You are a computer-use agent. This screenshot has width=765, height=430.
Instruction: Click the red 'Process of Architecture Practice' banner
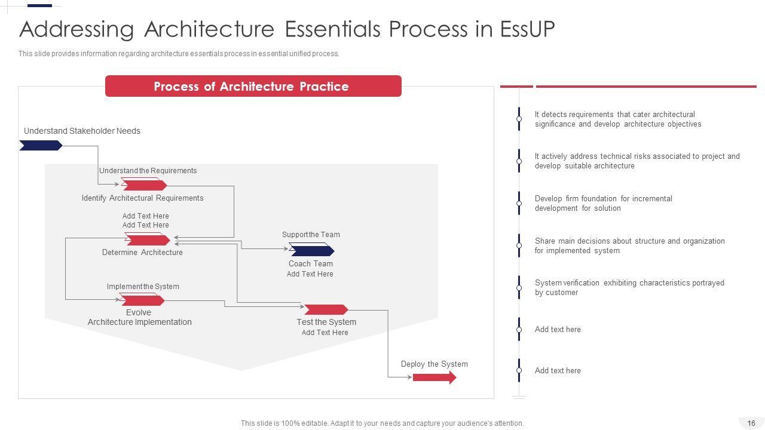253,86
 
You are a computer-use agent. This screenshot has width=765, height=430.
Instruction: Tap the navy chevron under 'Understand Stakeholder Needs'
41,145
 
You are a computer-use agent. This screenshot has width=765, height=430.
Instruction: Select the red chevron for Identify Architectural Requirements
144,185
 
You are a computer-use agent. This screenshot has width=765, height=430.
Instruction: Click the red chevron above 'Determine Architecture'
147,239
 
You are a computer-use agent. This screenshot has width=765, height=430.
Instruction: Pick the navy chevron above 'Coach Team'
312,250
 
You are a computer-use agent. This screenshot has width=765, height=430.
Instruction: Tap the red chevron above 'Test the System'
326,309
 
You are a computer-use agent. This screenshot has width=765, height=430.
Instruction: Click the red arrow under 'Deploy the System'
434,377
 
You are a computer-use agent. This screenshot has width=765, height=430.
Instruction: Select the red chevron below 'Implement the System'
142,300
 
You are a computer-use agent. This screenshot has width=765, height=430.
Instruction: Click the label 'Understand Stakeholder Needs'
82,131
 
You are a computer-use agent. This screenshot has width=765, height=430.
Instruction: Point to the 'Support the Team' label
311,235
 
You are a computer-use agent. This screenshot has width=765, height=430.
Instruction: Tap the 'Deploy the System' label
434,364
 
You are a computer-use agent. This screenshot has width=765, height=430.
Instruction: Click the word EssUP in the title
528,29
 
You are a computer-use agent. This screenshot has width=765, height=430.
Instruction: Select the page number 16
751,423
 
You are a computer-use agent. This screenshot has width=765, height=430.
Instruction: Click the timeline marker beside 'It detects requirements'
519,119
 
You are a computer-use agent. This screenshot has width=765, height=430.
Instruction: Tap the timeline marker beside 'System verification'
519,287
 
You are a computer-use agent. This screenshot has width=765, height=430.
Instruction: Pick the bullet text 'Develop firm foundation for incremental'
604,199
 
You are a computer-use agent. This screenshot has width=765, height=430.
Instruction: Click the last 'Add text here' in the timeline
558,371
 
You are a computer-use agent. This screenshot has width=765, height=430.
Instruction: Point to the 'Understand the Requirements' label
148,171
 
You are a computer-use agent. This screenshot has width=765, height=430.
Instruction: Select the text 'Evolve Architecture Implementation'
139,317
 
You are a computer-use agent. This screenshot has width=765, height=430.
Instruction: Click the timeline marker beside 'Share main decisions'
519,245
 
